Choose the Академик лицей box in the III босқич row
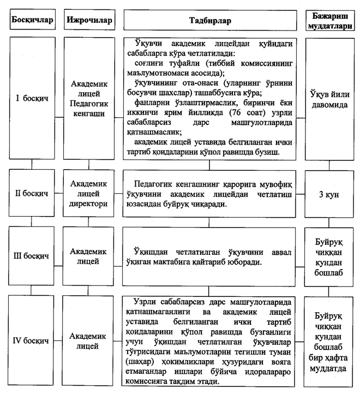point(89,255)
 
